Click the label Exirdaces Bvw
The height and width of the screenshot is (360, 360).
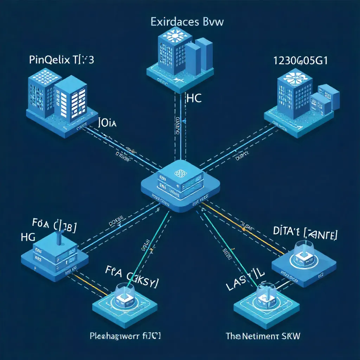click(x=187, y=22)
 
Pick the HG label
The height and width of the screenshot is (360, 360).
click(x=28, y=237)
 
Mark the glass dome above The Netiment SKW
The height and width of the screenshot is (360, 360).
click(x=266, y=295)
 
